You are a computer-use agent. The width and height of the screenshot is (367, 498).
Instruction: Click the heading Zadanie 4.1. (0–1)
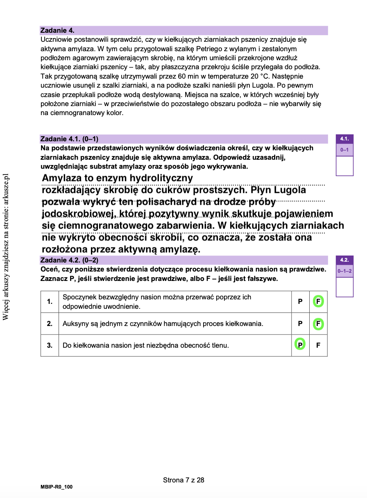click(69, 139)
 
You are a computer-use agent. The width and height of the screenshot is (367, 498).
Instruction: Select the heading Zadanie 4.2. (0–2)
click(69, 260)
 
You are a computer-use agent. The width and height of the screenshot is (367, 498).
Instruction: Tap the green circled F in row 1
click(318, 302)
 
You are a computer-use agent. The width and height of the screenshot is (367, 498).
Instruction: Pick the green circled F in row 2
click(318, 324)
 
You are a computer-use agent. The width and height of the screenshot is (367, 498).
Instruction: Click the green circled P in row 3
click(300, 345)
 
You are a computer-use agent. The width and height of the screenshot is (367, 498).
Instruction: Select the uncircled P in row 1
click(300, 302)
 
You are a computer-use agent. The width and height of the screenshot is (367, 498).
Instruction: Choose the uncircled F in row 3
click(318, 345)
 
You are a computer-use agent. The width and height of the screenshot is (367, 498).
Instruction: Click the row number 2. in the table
click(50, 324)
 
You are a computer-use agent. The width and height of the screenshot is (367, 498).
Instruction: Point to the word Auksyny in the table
click(75, 324)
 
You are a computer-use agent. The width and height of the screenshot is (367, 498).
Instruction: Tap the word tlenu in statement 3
click(219, 345)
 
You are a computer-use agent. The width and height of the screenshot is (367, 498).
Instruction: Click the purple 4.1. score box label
click(344, 139)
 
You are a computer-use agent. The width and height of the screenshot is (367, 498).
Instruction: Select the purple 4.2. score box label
click(344, 260)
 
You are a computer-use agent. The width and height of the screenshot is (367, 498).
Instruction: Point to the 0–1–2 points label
click(344, 271)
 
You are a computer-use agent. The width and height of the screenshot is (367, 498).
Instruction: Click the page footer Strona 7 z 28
click(183, 480)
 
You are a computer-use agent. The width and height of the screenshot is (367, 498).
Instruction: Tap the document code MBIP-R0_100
click(57, 487)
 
